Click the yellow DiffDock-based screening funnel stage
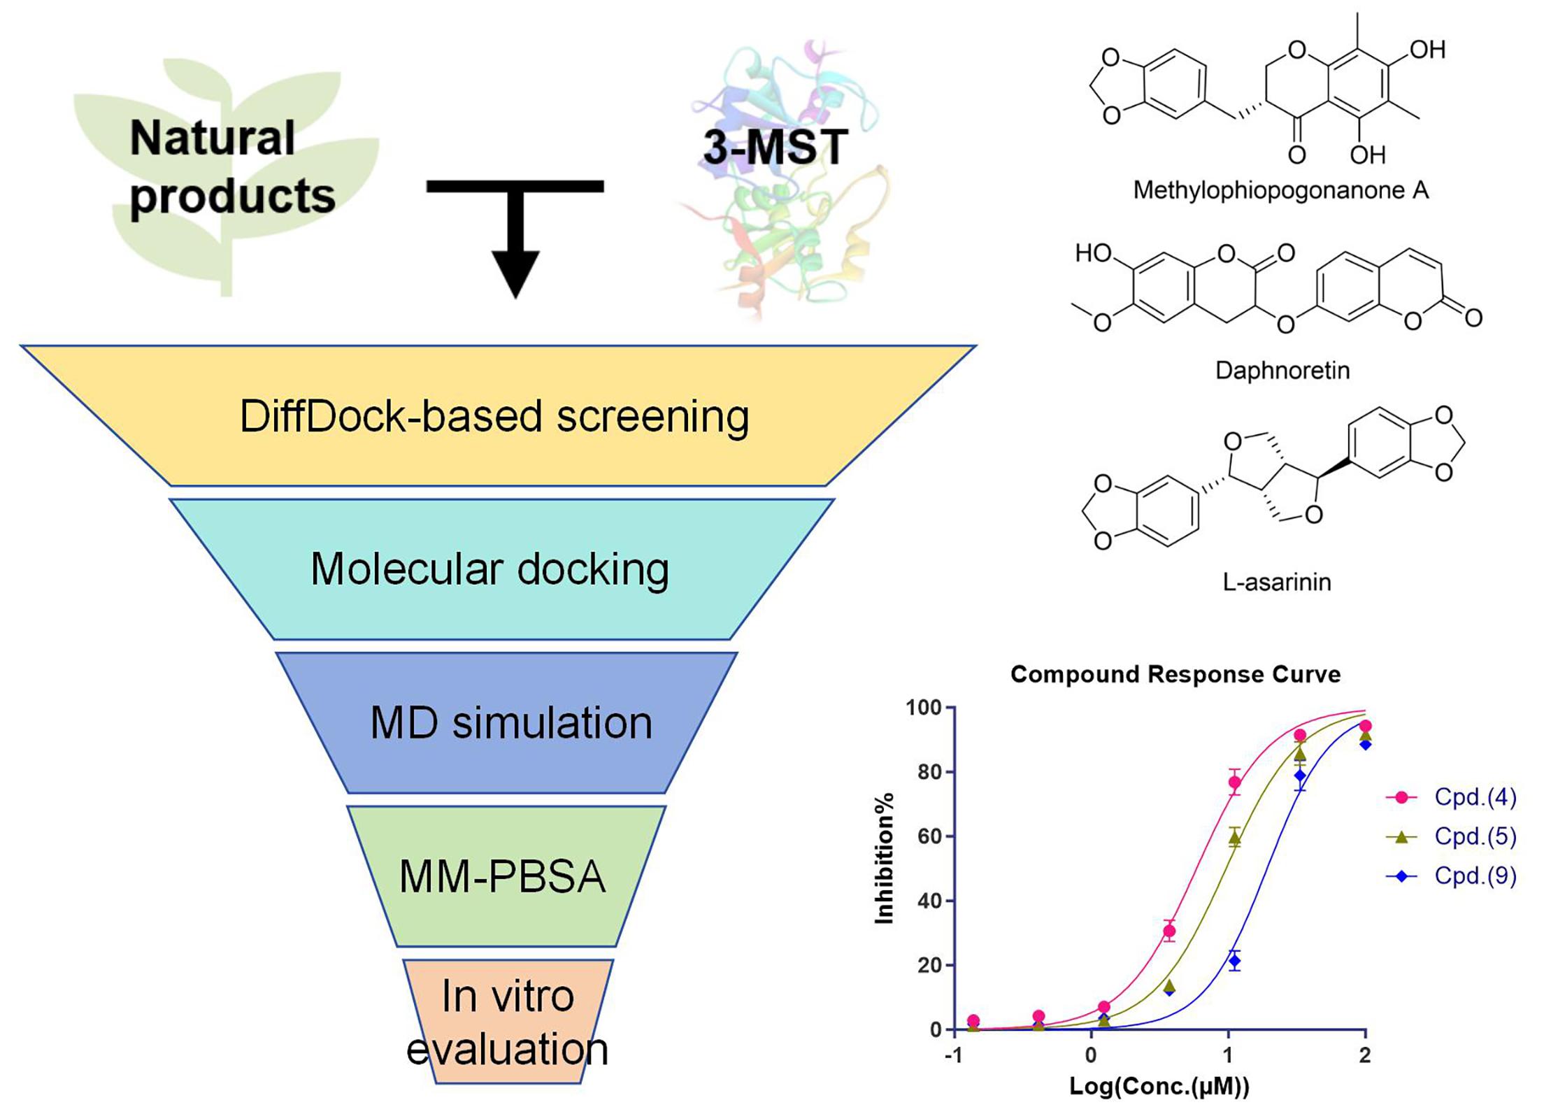click(x=494, y=417)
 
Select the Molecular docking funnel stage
click(x=490, y=569)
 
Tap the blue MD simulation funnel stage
click(x=510, y=722)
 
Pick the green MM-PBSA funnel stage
click(x=502, y=876)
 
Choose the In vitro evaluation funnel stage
click(x=508, y=1022)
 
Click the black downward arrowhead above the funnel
click(x=515, y=273)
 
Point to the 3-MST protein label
click(x=775, y=147)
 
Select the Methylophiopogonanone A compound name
click(x=1280, y=190)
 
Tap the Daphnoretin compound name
click(x=1282, y=370)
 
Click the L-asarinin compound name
click(x=1276, y=582)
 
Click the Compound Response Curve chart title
click(x=1175, y=674)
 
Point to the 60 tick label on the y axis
click(x=929, y=836)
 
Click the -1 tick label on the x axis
click(x=954, y=1055)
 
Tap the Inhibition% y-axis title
click(x=885, y=858)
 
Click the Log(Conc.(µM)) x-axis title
click(x=1159, y=1086)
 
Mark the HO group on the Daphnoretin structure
click(x=1093, y=252)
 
